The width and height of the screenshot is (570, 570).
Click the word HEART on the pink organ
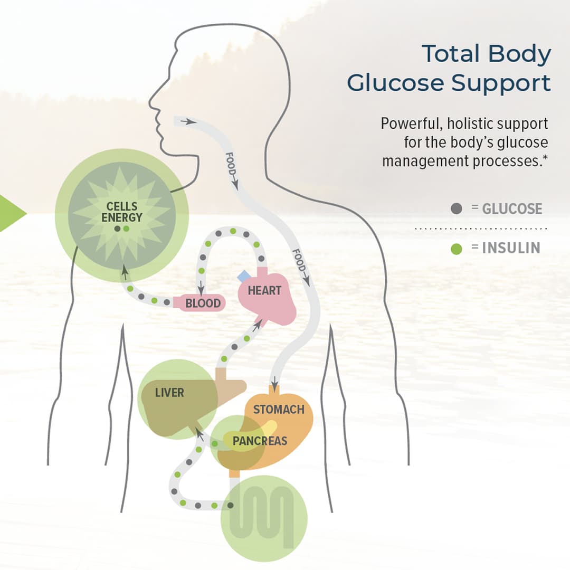pyautogui.click(x=264, y=290)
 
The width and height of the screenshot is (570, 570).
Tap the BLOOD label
pyautogui.click(x=203, y=303)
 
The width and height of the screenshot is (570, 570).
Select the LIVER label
pyautogui.click(x=169, y=393)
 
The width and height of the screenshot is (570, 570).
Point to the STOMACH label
pyautogui.click(x=279, y=410)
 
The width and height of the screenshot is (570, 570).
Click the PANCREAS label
pyautogui.click(x=260, y=441)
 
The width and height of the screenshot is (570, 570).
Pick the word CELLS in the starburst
pyautogui.click(x=122, y=206)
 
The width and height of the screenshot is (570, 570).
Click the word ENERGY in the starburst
pyautogui.click(x=122, y=217)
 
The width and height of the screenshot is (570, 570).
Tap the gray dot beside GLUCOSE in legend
pyautogui.click(x=457, y=208)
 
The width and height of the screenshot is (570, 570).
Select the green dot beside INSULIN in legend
pyautogui.click(x=457, y=248)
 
